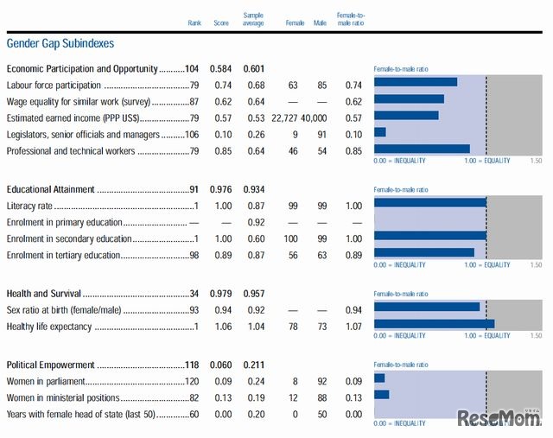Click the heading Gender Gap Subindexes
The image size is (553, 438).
tap(60, 43)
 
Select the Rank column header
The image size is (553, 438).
tap(194, 22)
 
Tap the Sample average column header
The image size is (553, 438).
tap(253, 19)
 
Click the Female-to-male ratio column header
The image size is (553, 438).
tap(353, 19)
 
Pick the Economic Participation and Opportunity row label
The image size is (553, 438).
tap(82, 69)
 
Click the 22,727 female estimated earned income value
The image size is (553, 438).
tap(289, 118)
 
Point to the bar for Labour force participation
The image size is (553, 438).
tap(416, 82)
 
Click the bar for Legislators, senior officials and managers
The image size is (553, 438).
tap(380, 132)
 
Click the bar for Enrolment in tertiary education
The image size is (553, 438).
tap(424, 252)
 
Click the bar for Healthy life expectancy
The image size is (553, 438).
tap(434, 324)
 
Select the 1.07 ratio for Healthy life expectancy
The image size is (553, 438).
tap(353, 327)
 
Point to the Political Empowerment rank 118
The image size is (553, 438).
tap(192, 365)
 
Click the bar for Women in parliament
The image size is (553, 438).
tap(379, 378)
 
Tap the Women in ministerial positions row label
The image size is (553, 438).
tap(63, 398)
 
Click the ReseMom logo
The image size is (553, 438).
tap(499, 418)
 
